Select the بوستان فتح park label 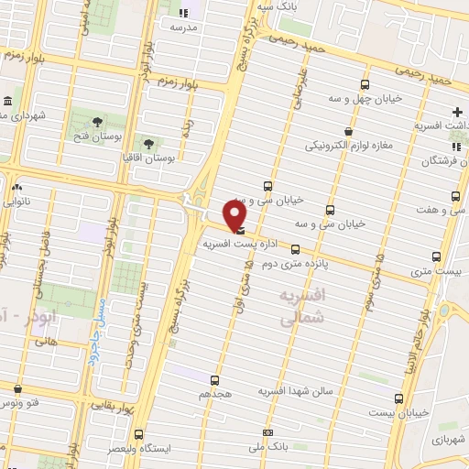98,138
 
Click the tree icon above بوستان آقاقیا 147,143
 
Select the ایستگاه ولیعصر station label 138,450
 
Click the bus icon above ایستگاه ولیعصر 138,434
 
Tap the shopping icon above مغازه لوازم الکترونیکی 346,131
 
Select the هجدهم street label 214,394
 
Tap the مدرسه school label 184,27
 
